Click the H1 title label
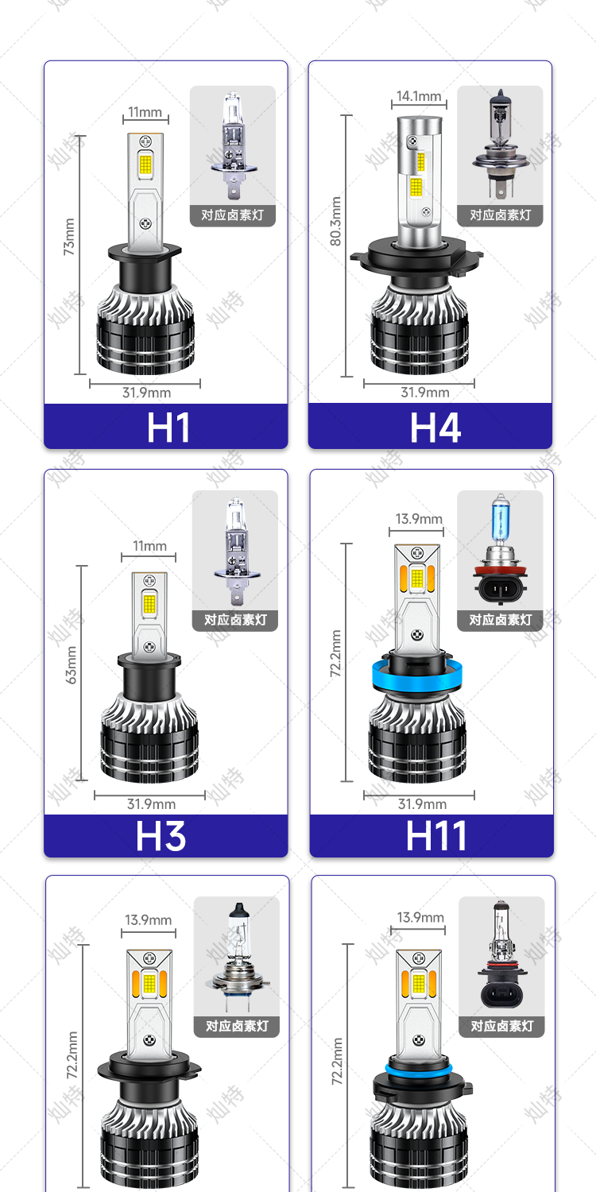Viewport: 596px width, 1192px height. point(168,428)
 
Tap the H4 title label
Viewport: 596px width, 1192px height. point(435,428)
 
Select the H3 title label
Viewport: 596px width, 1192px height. point(161,835)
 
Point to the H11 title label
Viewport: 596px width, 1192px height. point(436,835)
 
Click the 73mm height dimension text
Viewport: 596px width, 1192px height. point(69,237)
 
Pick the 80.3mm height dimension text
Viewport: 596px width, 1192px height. point(335,222)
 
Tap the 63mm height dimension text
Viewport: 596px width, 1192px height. point(71,665)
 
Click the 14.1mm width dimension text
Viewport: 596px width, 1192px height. point(419,96)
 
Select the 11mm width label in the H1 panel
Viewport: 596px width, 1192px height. point(145,112)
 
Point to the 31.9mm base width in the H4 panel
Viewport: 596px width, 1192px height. point(424,393)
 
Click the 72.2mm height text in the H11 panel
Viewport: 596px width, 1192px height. point(335,653)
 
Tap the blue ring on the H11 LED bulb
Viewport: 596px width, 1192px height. point(416,675)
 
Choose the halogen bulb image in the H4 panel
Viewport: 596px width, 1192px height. point(500,145)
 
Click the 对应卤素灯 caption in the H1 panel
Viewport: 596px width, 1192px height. point(233,215)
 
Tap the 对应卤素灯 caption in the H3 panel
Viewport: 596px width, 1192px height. point(235,620)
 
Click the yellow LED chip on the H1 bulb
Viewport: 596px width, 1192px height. point(145,164)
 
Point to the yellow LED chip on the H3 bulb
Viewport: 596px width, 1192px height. point(149,603)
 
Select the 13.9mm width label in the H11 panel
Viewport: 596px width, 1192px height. point(419,519)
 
